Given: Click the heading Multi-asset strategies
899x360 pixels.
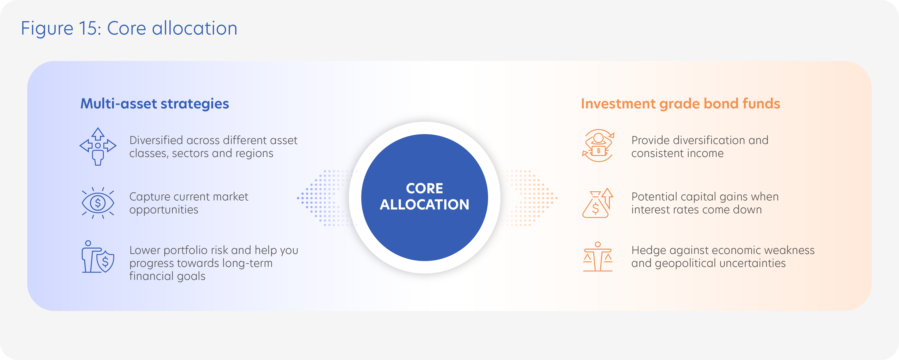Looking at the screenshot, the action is click(155, 104).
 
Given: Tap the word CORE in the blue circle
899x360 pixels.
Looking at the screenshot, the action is click(424, 189).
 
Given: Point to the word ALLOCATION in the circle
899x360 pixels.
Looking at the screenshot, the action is click(424, 205).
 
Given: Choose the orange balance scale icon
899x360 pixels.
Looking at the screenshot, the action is click(598, 257).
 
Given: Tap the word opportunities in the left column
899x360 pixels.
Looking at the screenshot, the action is click(164, 210).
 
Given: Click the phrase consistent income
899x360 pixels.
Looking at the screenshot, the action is click(677, 154).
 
